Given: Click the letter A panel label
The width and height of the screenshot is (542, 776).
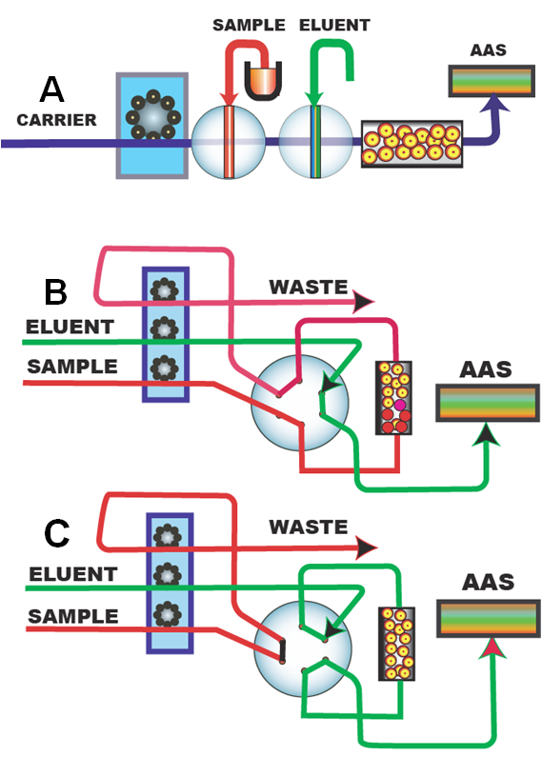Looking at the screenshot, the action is click(x=52, y=90).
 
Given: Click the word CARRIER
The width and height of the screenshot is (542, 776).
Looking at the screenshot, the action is click(x=57, y=120).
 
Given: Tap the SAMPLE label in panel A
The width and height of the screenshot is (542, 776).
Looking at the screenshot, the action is click(x=249, y=25).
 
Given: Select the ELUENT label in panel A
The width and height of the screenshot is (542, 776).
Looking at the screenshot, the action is click(x=334, y=25).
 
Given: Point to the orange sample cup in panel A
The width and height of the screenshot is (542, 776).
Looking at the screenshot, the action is click(x=263, y=82).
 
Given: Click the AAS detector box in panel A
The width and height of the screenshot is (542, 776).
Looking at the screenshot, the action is click(x=492, y=81).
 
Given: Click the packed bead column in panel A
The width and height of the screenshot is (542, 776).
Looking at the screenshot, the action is click(x=412, y=144).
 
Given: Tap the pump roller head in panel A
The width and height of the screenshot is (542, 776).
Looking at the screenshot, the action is click(x=153, y=117).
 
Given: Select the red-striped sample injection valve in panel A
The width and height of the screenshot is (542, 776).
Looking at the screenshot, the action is click(x=229, y=142).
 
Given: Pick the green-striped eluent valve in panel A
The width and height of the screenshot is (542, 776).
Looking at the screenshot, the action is click(x=315, y=142).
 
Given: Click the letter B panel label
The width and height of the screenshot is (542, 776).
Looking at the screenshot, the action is click(x=55, y=292).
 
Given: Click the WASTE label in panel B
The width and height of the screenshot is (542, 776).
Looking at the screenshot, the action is click(x=309, y=287).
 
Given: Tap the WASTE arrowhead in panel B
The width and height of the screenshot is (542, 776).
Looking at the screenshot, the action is click(x=363, y=302).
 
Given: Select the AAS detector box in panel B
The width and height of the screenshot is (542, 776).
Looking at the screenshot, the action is click(x=488, y=403).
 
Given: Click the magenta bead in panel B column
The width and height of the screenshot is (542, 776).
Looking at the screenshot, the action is click(x=400, y=406).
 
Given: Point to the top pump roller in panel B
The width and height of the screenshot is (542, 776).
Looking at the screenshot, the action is click(x=165, y=289).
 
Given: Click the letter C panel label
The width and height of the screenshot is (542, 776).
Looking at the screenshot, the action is click(x=56, y=533).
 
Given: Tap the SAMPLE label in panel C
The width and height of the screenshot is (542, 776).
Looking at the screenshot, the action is click(x=73, y=616).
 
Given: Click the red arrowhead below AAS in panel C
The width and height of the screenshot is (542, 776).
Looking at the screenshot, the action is click(x=493, y=648).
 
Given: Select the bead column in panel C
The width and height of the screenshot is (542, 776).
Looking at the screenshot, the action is click(x=397, y=644).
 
